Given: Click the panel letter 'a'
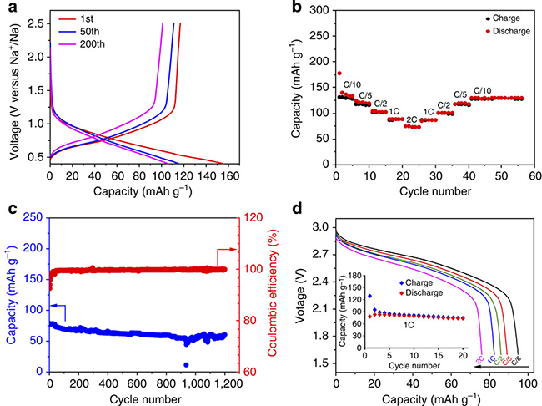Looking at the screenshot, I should coord(9,8).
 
